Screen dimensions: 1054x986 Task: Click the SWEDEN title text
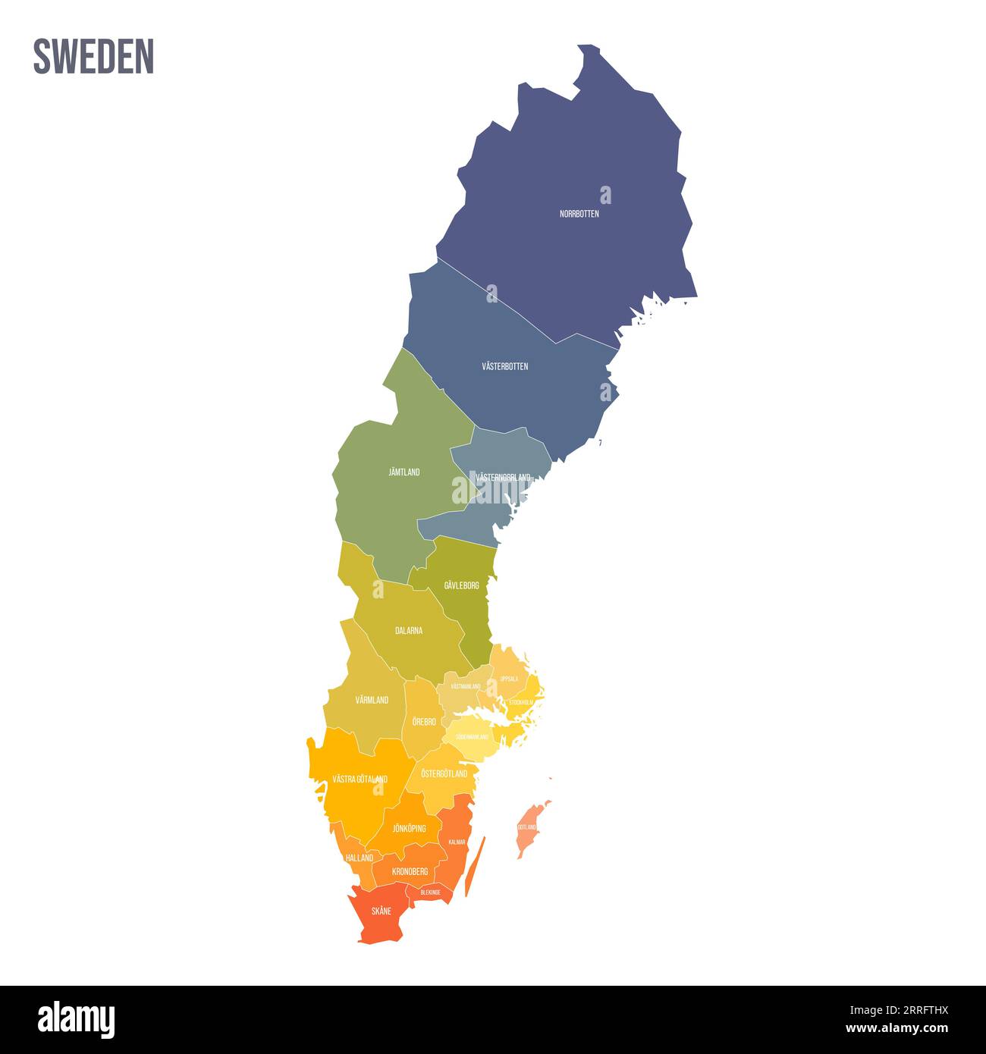coord(93,56)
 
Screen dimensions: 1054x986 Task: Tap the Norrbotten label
coord(579,214)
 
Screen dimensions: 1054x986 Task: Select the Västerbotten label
coord(505,366)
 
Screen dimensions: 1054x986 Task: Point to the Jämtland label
coord(404,472)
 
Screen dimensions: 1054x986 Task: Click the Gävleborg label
coord(461,585)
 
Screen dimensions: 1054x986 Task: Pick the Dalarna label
coord(409,630)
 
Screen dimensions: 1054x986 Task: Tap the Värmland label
coord(372,700)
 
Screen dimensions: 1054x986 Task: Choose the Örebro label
coord(424,722)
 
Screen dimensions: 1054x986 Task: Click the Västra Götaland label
coord(360,779)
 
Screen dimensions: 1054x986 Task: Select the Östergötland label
coord(444,773)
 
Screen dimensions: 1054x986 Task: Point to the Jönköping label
coord(409,828)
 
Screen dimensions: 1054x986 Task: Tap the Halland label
coord(359,858)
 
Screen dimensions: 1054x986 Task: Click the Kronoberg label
coord(410,872)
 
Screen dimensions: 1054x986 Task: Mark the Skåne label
coord(381,911)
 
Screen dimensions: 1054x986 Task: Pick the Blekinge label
coord(430,892)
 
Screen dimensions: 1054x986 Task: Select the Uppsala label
coord(509,679)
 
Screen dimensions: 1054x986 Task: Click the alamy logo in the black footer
coord(77,1020)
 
